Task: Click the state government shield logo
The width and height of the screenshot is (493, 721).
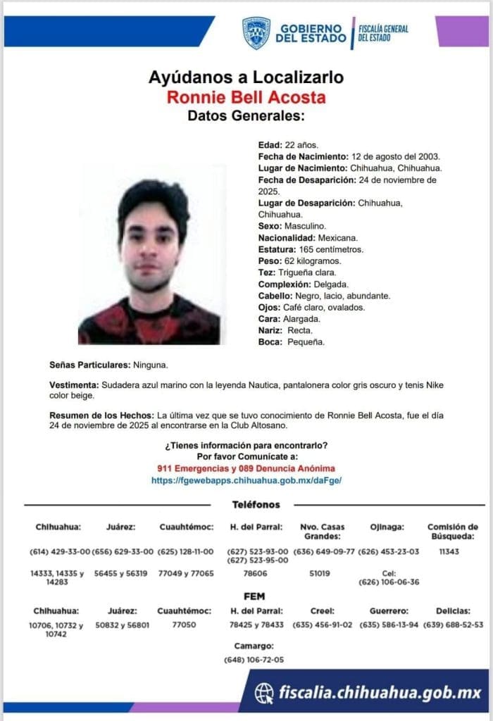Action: point(256,33)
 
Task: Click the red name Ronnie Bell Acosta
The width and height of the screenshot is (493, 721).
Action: point(246,97)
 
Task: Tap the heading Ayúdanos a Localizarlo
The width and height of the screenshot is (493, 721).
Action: point(246,77)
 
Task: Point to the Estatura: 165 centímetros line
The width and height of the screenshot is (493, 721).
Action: point(311,249)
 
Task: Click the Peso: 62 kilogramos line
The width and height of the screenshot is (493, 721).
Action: point(299,261)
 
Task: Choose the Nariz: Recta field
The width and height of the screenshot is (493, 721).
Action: point(285,330)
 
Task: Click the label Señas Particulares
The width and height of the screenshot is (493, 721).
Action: point(90,365)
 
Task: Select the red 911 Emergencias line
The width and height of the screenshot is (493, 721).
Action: point(246,468)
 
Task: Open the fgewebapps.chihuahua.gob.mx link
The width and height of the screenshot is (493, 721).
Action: point(246,479)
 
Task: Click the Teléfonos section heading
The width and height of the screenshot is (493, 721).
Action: point(256,505)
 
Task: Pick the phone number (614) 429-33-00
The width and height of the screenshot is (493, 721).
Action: point(60,551)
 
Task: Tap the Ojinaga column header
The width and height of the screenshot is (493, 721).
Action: point(387,527)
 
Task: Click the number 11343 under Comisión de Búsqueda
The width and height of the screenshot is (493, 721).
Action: point(448,551)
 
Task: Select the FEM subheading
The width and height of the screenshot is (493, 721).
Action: point(254,596)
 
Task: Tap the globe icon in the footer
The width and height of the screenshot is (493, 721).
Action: point(264,693)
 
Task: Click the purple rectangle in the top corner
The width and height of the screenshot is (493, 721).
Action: point(461,30)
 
